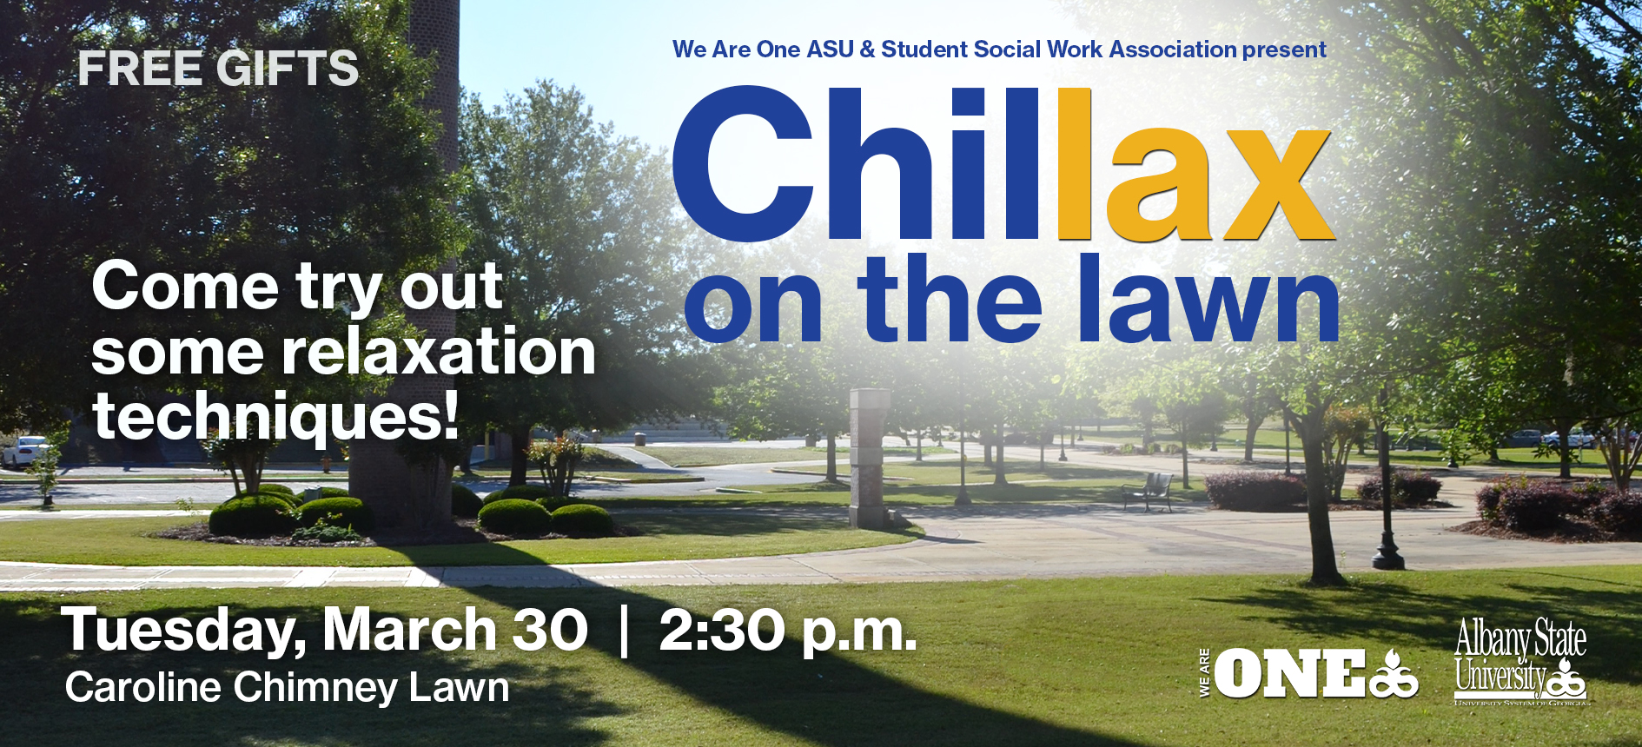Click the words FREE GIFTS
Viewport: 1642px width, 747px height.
pos(218,69)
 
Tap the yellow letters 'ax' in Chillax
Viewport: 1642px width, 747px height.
pos(1220,180)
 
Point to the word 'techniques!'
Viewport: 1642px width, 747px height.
pos(275,415)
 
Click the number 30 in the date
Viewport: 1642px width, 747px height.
pos(550,629)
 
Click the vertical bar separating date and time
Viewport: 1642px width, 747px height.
pos(623,631)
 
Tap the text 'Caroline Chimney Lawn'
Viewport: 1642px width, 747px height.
pos(287,687)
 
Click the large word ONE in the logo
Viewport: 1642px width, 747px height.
pos(1289,674)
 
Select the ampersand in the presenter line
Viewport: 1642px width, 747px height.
pos(867,50)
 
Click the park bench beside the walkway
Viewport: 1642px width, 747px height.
pos(1147,492)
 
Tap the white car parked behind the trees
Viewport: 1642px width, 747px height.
pos(26,452)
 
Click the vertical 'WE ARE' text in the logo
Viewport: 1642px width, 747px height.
pos(1204,673)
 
